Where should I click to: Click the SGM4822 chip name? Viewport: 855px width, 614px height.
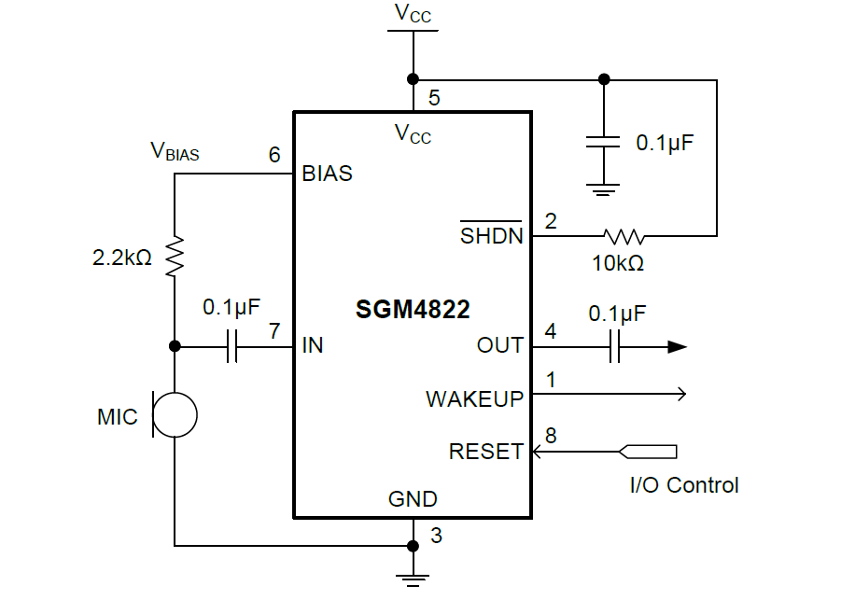click(x=413, y=310)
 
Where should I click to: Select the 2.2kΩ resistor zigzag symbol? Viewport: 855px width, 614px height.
click(x=175, y=257)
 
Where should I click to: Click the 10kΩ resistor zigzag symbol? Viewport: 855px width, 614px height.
click(x=624, y=236)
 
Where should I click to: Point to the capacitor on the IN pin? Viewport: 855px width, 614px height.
click(x=231, y=346)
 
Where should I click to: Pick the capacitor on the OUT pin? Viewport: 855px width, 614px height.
click(x=614, y=347)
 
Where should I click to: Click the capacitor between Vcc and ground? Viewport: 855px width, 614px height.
click(x=603, y=142)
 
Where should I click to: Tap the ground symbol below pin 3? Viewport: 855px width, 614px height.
click(x=413, y=580)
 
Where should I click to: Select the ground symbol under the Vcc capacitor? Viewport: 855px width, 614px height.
click(x=603, y=189)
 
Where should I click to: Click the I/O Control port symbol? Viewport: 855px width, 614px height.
click(x=648, y=452)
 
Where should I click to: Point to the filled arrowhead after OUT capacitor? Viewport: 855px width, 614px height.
click(x=678, y=347)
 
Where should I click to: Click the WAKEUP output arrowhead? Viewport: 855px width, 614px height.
click(x=681, y=394)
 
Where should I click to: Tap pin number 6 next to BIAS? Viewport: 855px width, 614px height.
click(x=274, y=155)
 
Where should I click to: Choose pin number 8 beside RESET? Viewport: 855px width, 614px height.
click(x=551, y=436)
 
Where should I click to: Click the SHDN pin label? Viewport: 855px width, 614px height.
click(x=491, y=234)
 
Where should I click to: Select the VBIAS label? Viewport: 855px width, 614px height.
click(x=175, y=151)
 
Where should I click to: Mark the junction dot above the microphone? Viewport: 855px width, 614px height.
click(x=175, y=346)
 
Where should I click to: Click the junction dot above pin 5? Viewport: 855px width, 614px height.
click(x=413, y=79)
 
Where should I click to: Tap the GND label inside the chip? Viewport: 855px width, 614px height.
click(x=413, y=499)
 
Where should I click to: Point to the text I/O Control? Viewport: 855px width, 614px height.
click(x=684, y=485)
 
